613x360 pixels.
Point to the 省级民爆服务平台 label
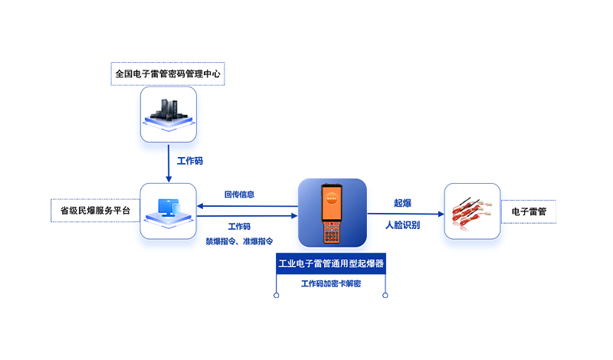click(x=95, y=210)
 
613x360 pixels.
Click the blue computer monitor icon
click(x=168, y=209)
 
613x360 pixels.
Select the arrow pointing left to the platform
click(x=245, y=205)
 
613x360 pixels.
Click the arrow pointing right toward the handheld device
click(x=245, y=216)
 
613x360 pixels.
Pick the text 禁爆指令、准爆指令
click(x=239, y=241)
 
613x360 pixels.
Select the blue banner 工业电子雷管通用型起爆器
click(x=331, y=263)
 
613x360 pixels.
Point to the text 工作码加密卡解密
click(x=331, y=283)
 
